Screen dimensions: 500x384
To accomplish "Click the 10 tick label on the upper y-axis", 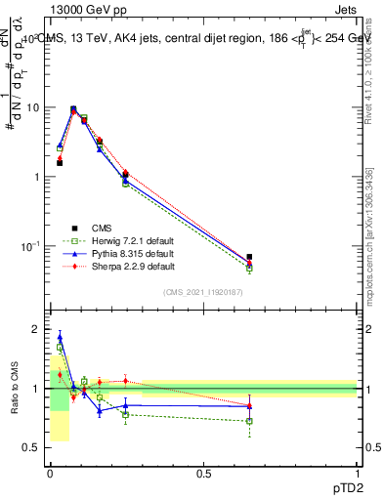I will tap(34, 107).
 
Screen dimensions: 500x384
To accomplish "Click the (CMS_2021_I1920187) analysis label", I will tap(202, 293).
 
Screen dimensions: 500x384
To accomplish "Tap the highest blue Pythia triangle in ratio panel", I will tap(60, 337).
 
